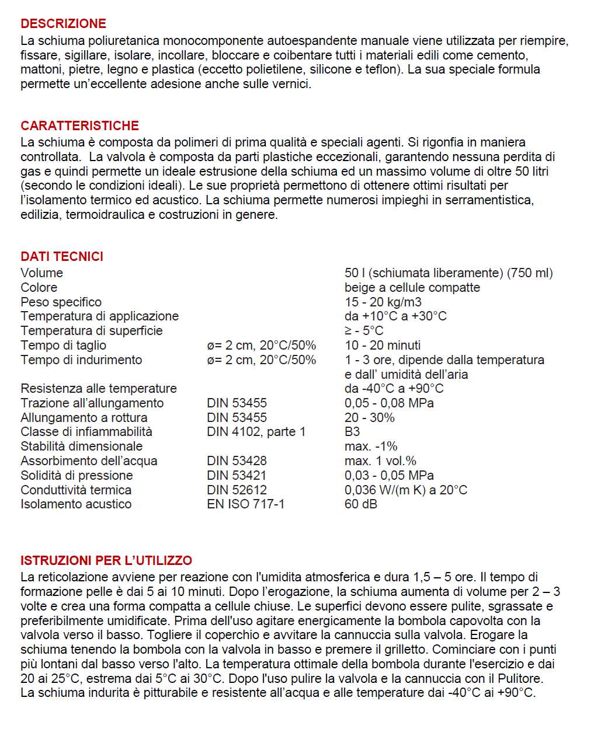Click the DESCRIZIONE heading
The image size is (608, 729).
click(x=63, y=24)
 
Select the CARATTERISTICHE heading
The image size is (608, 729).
click(x=79, y=126)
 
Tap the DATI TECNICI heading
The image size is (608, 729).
click(x=62, y=257)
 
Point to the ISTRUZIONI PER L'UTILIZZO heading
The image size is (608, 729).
click(x=106, y=561)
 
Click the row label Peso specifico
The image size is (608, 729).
click(x=61, y=302)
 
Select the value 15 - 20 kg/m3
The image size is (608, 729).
click(x=383, y=302)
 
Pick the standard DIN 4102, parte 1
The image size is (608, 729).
click(x=256, y=432)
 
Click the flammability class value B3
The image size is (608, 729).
click(x=352, y=432)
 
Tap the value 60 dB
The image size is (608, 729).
click(x=360, y=504)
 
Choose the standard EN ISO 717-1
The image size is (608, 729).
click(x=245, y=504)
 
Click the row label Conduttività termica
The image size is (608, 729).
click(x=76, y=490)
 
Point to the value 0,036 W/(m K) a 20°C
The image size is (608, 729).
click(x=405, y=490)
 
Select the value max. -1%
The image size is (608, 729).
click(x=370, y=447)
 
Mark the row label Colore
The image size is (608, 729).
click(x=39, y=288)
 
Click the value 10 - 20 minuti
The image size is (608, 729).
click(x=382, y=346)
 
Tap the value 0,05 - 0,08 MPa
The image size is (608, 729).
click(x=389, y=403)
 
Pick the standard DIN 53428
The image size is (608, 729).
click(x=237, y=461)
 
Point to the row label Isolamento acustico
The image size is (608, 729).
click(x=76, y=504)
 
